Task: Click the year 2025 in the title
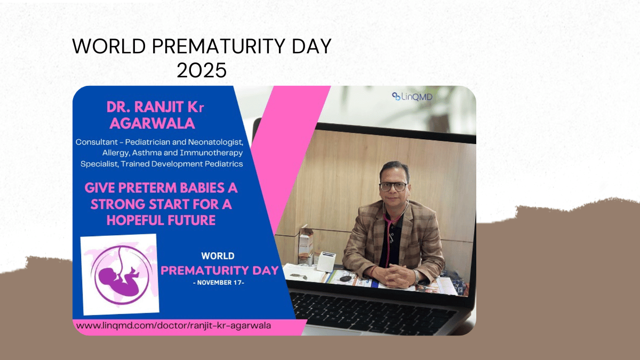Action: (x=202, y=70)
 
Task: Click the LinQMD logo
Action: (x=412, y=97)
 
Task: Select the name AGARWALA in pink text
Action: (x=153, y=123)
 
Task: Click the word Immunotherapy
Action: (x=211, y=153)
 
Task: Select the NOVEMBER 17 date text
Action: (x=219, y=283)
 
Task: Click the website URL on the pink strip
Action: (x=173, y=326)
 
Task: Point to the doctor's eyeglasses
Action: (x=393, y=187)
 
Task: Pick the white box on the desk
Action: (x=326, y=261)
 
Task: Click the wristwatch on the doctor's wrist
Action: (x=417, y=276)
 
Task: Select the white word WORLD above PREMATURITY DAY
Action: (x=218, y=256)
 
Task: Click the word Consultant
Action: (x=93, y=142)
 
